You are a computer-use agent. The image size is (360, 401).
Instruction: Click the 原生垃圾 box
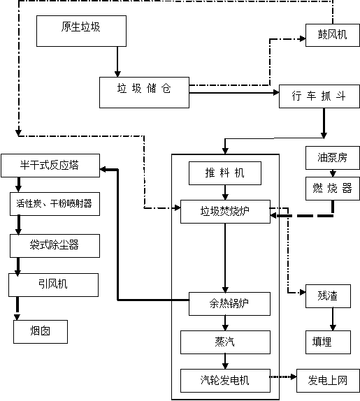click(x=81, y=31)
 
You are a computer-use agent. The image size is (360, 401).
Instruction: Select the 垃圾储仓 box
click(x=144, y=92)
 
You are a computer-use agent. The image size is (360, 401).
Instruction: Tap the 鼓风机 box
click(x=333, y=36)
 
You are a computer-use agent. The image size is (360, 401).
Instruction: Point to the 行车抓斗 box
click(x=319, y=96)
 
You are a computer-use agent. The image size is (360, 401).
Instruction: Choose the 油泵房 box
click(x=333, y=158)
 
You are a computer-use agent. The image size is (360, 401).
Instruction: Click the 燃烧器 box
click(x=333, y=189)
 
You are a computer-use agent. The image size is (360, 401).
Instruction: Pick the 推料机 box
click(x=225, y=173)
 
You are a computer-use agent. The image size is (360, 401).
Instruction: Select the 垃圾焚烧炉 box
click(x=225, y=212)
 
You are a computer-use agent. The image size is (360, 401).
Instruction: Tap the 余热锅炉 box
click(x=229, y=304)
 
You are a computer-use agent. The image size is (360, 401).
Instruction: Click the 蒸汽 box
click(x=225, y=342)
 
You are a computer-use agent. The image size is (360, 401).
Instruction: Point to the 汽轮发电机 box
click(x=225, y=381)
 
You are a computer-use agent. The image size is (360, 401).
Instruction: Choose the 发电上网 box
click(x=328, y=381)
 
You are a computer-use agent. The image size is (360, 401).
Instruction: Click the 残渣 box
click(x=328, y=296)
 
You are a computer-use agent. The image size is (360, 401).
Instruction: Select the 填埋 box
click(x=328, y=342)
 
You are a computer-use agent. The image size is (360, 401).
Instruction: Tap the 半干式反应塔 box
click(x=50, y=166)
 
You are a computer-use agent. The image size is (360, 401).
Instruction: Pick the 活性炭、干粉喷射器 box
click(x=55, y=204)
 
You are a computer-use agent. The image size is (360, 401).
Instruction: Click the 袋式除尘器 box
click(x=55, y=246)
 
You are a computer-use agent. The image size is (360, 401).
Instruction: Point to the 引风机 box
click(x=53, y=285)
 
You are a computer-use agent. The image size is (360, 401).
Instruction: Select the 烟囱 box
click(x=41, y=332)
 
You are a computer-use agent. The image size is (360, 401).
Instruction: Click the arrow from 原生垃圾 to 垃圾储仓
click(x=117, y=62)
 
